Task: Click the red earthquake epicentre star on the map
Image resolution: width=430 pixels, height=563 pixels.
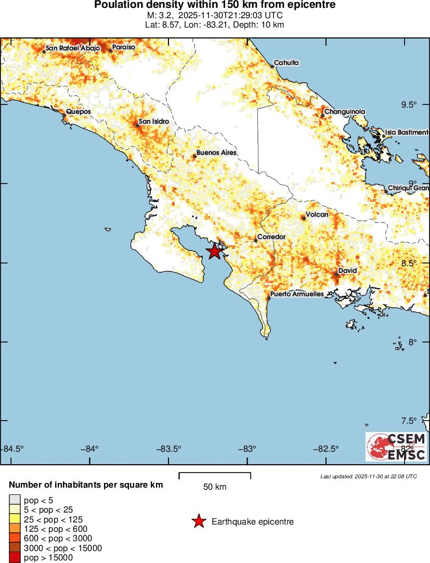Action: coord(214,252)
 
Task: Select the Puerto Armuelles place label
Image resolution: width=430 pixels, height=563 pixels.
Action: coord(297,294)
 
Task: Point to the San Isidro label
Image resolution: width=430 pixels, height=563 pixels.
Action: coord(153,121)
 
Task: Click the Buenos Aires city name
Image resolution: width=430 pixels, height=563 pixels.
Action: coord(216,153)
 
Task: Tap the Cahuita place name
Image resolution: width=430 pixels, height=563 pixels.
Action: coord(286,62)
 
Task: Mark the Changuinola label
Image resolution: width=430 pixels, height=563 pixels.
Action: coord(345,112)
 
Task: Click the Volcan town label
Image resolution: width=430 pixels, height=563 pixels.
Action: coord(317,215)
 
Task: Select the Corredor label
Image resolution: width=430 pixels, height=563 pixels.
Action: coord(272,237)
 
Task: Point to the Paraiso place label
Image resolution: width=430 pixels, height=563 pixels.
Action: coord(124,47)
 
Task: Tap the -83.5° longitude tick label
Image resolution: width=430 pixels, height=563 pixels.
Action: coord(170,449)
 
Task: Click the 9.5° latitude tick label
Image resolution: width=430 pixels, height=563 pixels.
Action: coord(409,105)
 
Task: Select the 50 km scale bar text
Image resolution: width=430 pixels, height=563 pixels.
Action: coord(214,487)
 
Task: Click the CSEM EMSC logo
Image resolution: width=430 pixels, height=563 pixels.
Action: coord(396,447)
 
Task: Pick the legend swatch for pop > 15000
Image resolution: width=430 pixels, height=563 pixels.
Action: coord(15,558)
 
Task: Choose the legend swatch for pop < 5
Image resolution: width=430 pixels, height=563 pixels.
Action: coord(15,500)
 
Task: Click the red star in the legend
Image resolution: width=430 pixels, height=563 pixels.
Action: coord(198,521)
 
